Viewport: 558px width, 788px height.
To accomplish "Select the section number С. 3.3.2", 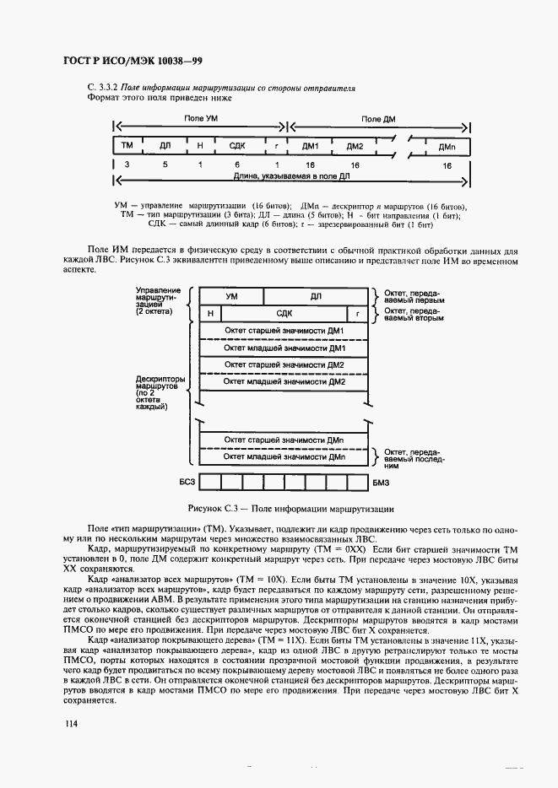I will click(x=103, y=88).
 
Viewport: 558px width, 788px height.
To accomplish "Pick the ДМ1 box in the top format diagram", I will click(x=310, y=146).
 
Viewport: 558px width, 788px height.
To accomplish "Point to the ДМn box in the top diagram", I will click(x=447, y=146).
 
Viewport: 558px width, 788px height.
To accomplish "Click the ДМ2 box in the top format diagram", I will click(x=355, y=146).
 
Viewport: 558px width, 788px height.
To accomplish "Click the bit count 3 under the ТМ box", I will click(x=127, y=166).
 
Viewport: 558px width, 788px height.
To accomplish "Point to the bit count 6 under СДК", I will click(x=237, y=166).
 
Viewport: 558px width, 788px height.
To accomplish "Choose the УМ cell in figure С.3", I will click(x=230, y=296).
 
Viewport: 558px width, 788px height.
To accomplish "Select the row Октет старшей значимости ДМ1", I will click(x=284, y=331).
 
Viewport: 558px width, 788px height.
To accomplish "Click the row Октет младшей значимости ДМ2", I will click(x=284, y=381).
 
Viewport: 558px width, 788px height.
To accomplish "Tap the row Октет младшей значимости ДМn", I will click(x=284, y=456).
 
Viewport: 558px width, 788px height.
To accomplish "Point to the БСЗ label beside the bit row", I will click(x=187, y=482).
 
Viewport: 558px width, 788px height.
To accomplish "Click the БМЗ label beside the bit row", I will click(x=381, y=482).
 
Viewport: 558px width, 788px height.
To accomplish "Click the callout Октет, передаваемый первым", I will click(x=414, y=296).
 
